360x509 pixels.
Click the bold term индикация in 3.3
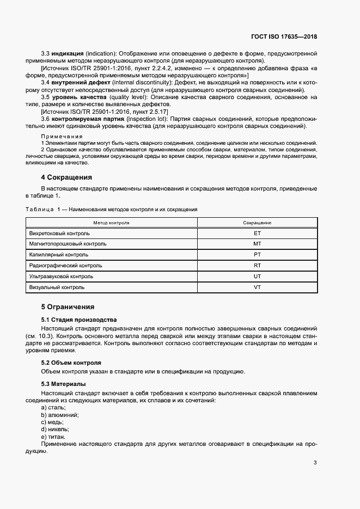pyautogui.click(x=68, y=53)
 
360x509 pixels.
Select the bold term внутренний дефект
pyautogui.click(x=76, y=82)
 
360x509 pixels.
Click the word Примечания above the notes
pyautogui.click(x=62, y=136)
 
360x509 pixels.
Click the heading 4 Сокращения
pyautogui.click(x=66, y=177)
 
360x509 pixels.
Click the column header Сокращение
pyautogui.click(x=258, y=223)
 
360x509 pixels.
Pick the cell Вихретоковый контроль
pyautogui.click(x=60, y=233)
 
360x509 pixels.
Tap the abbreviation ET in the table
pyautogui.click(x=258, y=233)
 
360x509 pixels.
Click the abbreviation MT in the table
pyautogui.click(x=258, y=244)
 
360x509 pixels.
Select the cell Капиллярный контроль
pyautogui.click(x=58, y=255)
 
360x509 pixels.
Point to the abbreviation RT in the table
pyautogui.click(x=258, y=266)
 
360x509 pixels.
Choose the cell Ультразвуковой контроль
pyautogui.click(x=62, y=277)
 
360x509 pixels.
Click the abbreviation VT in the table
pyautogui.click(x=258, y=287)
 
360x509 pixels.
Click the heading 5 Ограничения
pyautogui.click(x=68, y=307)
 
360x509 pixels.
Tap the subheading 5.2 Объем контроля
pyautogui.click(x=71, y=363)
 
